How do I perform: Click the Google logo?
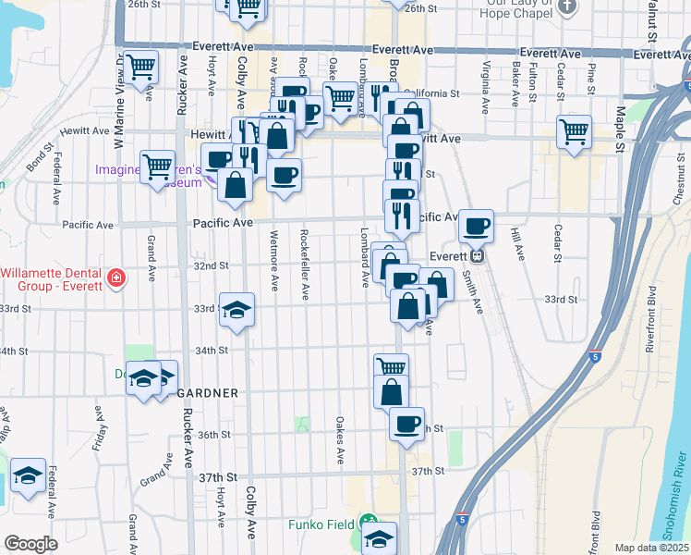tap(30, 544)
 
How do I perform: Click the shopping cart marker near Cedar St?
tap(574, 130)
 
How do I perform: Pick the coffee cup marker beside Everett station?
tap(477, 225)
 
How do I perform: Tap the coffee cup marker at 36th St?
tap(406, 424)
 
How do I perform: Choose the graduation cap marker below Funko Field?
tap(379, 538)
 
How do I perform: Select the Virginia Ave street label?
tap(485, 83)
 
